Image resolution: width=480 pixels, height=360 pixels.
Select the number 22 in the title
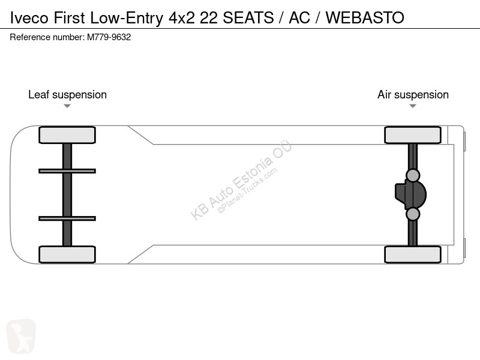tap(208, 18)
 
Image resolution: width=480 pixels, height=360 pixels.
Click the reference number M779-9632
tap(108, 37)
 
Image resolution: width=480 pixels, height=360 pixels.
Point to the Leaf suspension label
tap(67, 95)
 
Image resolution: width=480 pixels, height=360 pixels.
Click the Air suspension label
tap(413, 95)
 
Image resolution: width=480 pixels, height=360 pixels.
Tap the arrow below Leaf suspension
tap(67, 106)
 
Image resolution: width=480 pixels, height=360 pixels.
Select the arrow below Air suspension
tap(413, 106)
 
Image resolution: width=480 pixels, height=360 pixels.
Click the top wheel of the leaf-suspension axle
tap(67, 135)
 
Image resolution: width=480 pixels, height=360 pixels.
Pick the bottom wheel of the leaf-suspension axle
tap(67, 254)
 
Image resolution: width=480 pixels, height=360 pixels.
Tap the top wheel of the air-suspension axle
tap(413, 135)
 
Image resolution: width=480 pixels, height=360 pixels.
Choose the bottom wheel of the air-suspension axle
tap(413, 254)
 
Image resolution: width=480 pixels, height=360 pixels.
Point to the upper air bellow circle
tap(413, 175)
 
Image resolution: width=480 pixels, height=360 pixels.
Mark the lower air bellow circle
tap(413, 214)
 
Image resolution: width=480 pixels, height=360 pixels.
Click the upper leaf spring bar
tap(67, 171)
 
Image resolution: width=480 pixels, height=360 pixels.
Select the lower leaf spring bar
tap(67, 218)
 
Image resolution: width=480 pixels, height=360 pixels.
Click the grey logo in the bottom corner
tap(21, 336)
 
